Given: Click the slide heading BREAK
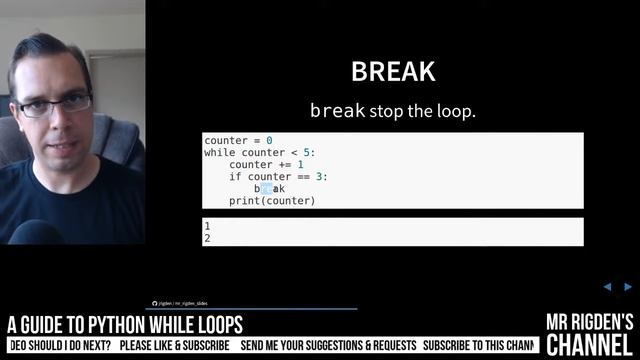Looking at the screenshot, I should coord(393,72).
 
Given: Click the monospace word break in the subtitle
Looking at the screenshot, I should coord(337,110).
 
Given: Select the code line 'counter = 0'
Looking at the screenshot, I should coord(238,141).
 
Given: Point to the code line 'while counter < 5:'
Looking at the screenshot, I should coord(259,153).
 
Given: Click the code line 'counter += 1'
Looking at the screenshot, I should coord(266,165).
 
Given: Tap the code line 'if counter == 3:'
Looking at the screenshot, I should coord(278,177).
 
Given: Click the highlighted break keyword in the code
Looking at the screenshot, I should coord(270,189).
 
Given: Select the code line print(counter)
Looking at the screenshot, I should coord(272,201).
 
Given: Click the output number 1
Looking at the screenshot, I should coord(207,227).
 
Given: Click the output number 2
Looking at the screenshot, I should coord(207,239).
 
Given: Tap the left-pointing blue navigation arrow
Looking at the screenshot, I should coord(607,287).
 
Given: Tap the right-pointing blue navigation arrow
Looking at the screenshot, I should coord(628,287).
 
